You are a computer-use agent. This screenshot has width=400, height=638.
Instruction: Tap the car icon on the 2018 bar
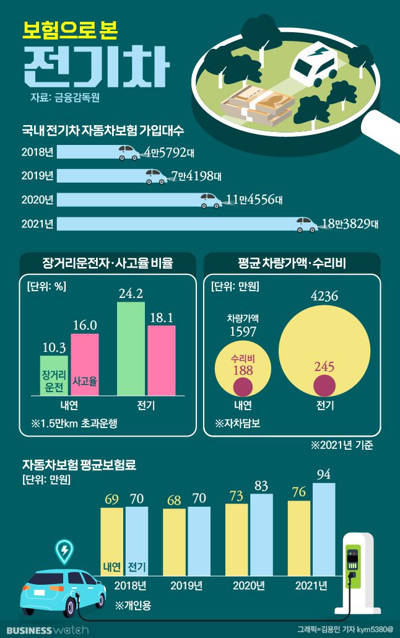[129, 152]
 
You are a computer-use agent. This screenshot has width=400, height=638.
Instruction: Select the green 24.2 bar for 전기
[131, 348]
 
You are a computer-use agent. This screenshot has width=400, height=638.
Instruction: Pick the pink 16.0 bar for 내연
[85, 364]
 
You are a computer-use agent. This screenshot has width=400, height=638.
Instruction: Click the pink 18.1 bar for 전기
[161, 360]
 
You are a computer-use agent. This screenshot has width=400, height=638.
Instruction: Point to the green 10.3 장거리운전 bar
[54, 375]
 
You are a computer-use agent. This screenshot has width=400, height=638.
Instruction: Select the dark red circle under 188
[243, 387]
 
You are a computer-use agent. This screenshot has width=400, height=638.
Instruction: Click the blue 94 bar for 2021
[324, 530]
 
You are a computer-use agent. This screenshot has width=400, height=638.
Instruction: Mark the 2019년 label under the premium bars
[186, 585]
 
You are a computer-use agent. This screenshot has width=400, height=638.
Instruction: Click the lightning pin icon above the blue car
[64, 549]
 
